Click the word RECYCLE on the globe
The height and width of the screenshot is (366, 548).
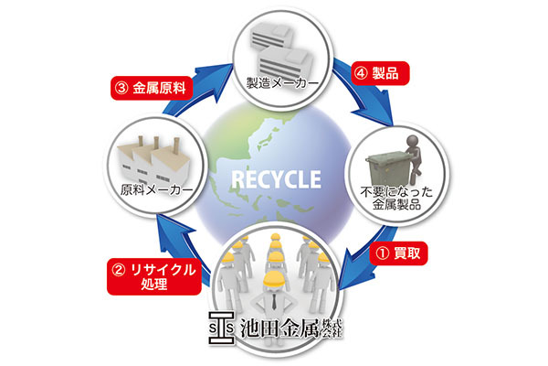[x=276, y=179]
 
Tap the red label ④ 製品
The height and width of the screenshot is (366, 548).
[x=380, y=73]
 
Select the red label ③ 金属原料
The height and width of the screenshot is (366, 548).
[x=152, y=88]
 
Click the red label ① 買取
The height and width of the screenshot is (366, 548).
[x=398, y=253]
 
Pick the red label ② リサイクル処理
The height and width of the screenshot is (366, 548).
[x=154, y=276]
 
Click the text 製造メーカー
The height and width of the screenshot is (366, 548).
[x=282, y=83]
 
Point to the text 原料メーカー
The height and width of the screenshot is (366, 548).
[x=156, y=190]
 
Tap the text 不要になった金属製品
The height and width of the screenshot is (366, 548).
[x=396, y=198]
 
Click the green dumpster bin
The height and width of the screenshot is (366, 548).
[x=388, y=169]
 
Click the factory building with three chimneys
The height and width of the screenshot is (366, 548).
[x=154, y=160]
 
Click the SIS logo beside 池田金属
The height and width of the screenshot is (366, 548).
[x=221, y=328]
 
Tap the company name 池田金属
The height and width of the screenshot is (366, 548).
[x=279, y=328]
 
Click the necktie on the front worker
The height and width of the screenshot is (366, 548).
[x=274, y=302]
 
